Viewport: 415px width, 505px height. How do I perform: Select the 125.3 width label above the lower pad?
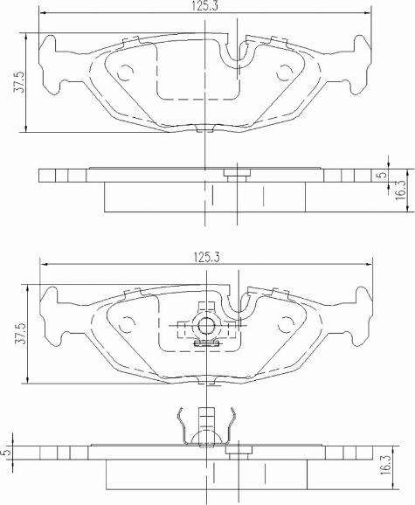[x=204, y=257]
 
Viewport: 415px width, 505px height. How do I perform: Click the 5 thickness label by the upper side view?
[x=381, y=175]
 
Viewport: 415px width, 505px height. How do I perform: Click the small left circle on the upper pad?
[x=124, y=73]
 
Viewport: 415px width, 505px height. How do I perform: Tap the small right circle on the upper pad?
[x=285, y=73]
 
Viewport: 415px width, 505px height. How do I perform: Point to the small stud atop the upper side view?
[x=235, y=172]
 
